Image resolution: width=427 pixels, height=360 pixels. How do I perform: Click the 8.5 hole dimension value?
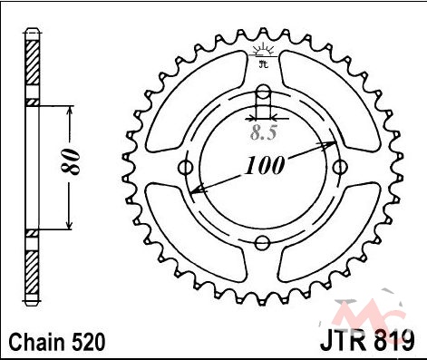(x=264, y=132)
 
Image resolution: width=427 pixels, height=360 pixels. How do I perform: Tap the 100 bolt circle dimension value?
(x=265, y=165)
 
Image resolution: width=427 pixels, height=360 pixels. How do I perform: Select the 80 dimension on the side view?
(x=72, y=161)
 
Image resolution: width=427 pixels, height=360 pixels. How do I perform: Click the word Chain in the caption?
(x=38, y=342)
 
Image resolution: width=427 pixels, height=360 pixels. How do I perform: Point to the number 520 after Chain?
(x=89, y=342)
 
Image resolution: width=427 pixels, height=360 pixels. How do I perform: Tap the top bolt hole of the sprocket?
(x=263, y=92)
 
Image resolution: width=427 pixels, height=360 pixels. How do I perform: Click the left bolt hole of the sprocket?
(x=186, y=167)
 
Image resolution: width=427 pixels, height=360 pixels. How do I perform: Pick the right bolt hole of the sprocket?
(x=340, y=167)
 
